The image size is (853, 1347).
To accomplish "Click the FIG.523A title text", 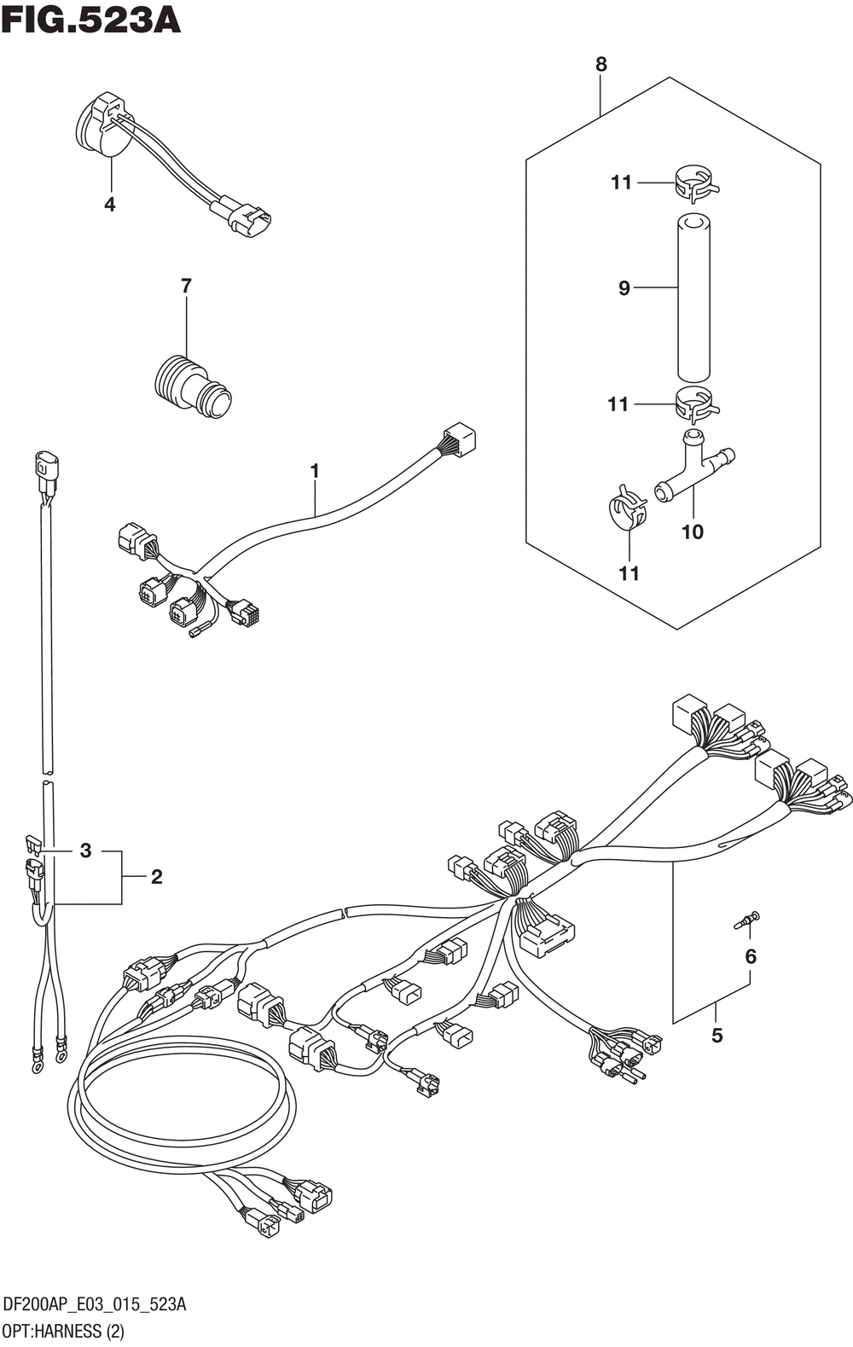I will [90, 20].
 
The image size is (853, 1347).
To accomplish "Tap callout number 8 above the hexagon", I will [601, 64].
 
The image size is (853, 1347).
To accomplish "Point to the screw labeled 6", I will [748, 920].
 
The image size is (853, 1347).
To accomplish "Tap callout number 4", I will [109, 205].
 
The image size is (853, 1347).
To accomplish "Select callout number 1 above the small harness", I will [315, 470].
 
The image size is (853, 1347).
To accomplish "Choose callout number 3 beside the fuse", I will [85, 851].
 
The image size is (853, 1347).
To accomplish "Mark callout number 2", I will [156, 876].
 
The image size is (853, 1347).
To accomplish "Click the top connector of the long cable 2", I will [44, 467].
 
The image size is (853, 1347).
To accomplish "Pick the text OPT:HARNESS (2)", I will [65, 1331].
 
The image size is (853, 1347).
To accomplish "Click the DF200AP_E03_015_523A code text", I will [96, 1305].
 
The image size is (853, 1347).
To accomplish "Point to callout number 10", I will [692, 532].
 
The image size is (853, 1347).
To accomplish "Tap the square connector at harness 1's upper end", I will [458, 440].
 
